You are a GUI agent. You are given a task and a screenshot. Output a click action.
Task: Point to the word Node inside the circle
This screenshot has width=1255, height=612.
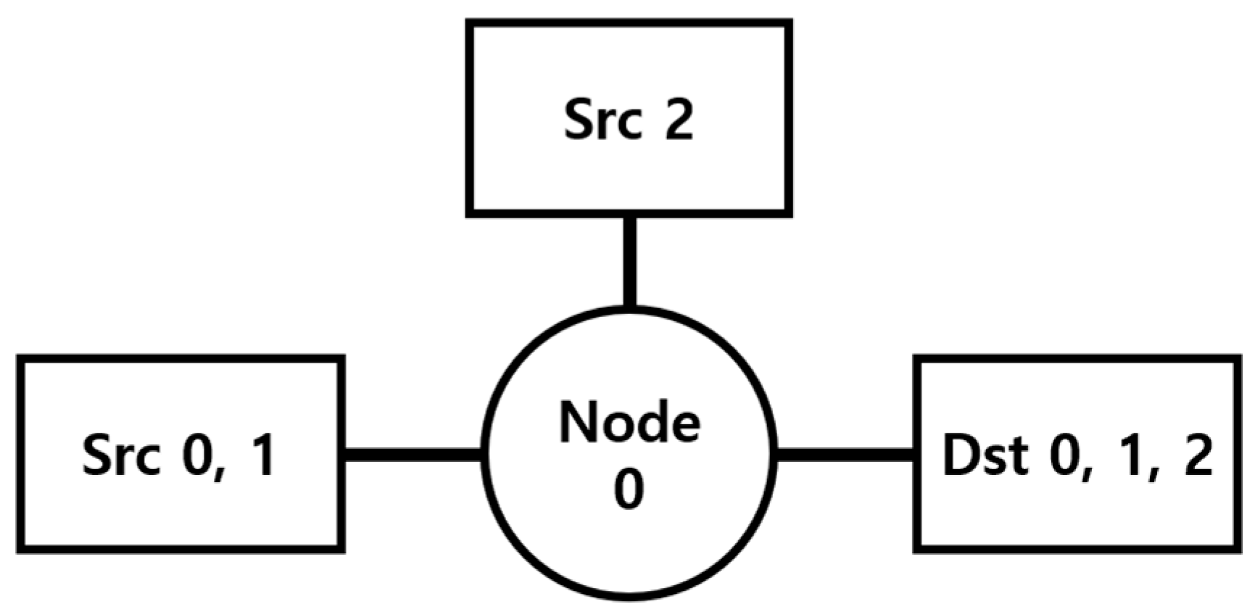click(x=629, y=423)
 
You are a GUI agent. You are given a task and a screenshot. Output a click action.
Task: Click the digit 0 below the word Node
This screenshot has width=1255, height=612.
click(x=629, y=489)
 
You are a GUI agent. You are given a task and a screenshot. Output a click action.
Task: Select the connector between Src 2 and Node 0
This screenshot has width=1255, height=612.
click(x=630, y=262)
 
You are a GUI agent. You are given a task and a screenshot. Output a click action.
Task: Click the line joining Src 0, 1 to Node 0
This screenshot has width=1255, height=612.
click(x=413, y=455)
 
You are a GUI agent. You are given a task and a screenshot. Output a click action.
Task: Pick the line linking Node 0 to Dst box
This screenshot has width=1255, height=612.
click(x=845, y=455)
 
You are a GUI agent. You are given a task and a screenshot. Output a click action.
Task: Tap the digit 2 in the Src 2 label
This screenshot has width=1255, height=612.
click(x=679, y=120)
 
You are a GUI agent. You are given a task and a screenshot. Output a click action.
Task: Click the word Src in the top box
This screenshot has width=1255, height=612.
click(x=602, y=120)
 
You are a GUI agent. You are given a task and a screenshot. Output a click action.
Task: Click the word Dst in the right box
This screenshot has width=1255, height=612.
click(x=985, y=456)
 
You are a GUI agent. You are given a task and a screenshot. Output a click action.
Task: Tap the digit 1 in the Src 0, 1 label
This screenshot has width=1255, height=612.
click(x=262, y=456)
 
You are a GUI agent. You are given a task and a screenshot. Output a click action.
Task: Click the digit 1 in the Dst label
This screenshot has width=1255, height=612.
click(x=1131, y=456)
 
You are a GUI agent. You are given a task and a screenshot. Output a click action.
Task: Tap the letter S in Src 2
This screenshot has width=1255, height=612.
click(x=581, y=120)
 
